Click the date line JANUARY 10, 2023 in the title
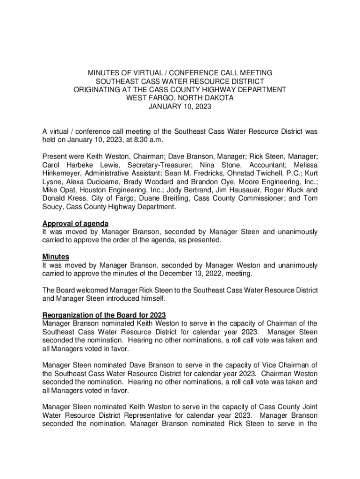pyautogui.click(x=180, y=107)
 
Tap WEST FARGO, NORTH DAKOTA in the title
pyautogui.click(x=180, y=98)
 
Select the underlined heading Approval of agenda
pyautogui.click(x=75, y=224)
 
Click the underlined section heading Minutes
pyautogui.click(x=56, y=257)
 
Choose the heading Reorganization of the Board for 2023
pyautogui.click(x=104, y=315)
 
